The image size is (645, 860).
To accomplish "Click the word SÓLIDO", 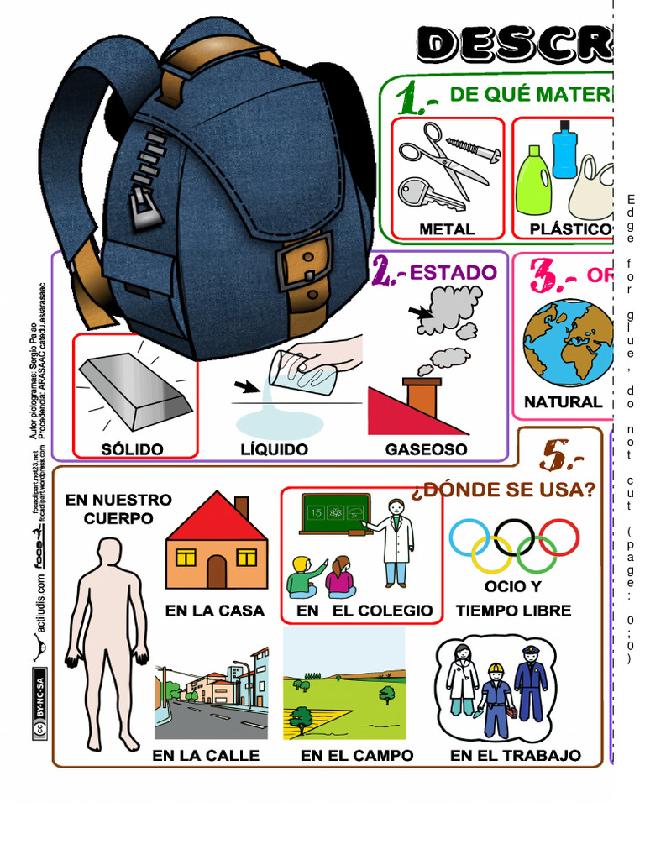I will (x=133, y=449).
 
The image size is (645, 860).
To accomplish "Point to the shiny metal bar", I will (x=135, y=391).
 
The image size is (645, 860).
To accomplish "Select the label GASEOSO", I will (x=426, y=449).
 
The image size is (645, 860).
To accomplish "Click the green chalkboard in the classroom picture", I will (x=335, y=512).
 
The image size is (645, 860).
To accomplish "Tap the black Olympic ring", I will (x=515, y=537).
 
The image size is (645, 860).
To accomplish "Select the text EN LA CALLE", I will (x=205, y=756).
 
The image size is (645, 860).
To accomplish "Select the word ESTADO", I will (x=454, y=272).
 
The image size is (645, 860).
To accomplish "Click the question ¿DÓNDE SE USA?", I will (x=504, y=489).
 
